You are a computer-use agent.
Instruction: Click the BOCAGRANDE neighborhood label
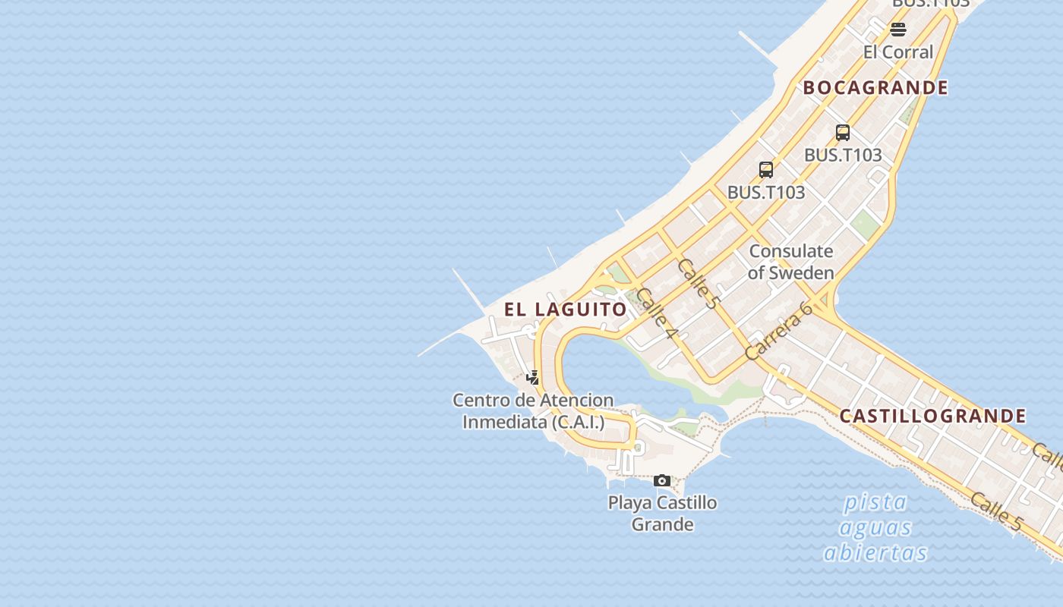tap(875, 88)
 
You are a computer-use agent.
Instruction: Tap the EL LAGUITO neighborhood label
tap(566, 310)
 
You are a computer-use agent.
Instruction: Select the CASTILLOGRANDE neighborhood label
tap(932, 416)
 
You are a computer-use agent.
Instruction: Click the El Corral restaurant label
tap(898, 52)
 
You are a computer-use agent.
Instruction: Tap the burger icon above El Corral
tap(898, 30)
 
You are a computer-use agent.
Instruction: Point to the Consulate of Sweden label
tap(790, 262)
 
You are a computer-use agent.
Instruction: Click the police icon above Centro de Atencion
tap(533, 377)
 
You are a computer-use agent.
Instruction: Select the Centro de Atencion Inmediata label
tap(533, 410)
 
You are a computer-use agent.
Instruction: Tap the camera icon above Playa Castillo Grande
tap(662, 480)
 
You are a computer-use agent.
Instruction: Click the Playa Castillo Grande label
tap(662, 513)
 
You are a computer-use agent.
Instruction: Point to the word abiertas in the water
tap(875, 552)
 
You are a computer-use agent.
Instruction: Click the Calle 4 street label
tap(656, 313)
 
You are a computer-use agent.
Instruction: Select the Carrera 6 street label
tap(778, 330)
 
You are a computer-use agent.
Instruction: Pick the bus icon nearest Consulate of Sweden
tap(766, 169)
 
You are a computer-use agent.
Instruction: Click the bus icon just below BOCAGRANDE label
tap(843, 133)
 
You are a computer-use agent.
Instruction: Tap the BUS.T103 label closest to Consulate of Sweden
tap(766, 193)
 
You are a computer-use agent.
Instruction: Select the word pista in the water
tap(875, 502)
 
